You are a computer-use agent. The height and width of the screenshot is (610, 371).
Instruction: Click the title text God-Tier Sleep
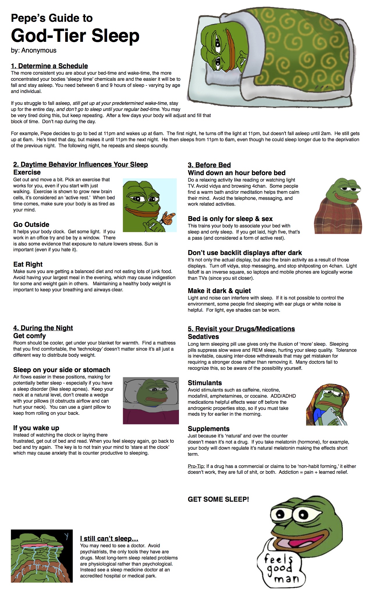point(75,35)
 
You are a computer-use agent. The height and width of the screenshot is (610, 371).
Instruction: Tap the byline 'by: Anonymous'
point(33,51)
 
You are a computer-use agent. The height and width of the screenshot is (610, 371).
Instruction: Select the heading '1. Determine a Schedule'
point(49,66)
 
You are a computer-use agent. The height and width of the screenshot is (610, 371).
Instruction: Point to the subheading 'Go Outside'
point(31,225)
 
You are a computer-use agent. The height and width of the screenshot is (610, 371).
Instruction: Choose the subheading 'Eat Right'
point(28,264)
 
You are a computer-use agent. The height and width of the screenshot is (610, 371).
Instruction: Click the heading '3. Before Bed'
point(209,165)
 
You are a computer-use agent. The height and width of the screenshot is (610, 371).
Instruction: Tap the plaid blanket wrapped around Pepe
point(338,215)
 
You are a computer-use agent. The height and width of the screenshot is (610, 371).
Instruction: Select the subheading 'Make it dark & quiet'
point(219,291)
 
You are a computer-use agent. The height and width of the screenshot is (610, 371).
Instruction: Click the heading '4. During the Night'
point(43,328)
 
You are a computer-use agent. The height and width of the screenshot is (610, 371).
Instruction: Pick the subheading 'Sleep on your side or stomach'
point(62,370)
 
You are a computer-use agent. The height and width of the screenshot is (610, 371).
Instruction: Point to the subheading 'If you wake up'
point(36,428)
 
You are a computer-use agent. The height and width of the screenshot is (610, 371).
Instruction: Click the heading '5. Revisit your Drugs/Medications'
point(241,329)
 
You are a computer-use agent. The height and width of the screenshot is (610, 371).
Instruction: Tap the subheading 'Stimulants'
point(205,383)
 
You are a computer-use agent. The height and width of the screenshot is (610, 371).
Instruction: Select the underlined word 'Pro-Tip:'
point(196,466)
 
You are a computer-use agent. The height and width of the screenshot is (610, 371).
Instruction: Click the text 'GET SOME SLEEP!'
point(218,499)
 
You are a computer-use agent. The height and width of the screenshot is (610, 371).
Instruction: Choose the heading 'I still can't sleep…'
point(109,539)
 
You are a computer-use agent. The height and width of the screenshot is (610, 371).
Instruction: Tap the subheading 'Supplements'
point(208,429)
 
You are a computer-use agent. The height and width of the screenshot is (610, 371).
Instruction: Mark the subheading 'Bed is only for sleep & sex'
point(230,219)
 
